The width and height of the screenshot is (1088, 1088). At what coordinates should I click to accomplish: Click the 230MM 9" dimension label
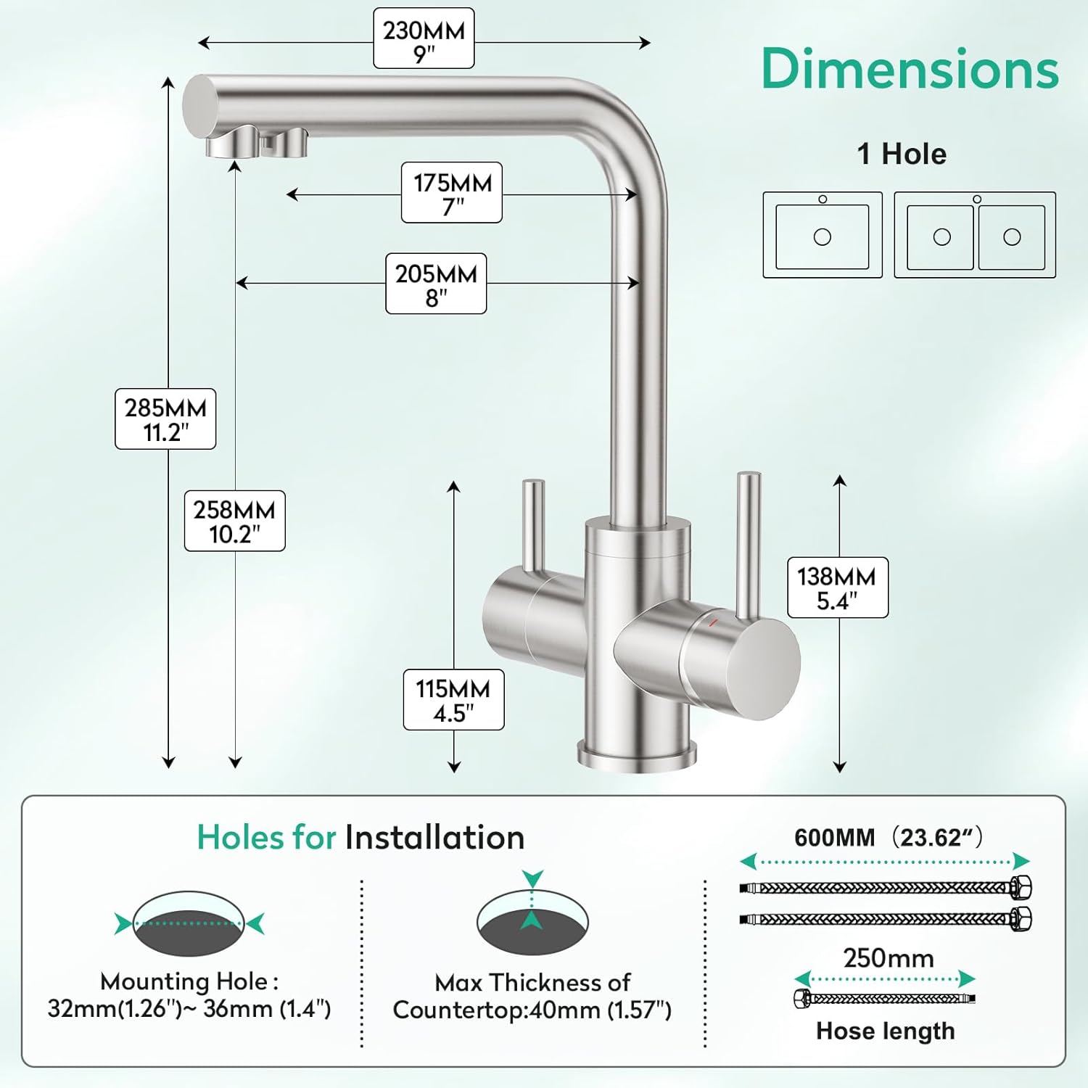tap(424, 39)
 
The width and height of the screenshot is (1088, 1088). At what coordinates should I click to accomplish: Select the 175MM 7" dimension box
tap(452, 193)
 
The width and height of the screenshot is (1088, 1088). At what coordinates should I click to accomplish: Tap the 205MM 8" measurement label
tap(436, 284)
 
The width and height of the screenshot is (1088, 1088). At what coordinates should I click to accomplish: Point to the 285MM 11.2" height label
tap(165, 419)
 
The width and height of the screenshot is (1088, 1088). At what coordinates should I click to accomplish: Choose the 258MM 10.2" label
tap(234, 521)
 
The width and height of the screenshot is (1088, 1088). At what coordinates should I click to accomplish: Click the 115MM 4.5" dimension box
tap(453, 700)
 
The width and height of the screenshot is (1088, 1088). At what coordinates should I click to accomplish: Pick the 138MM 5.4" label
tap(837, 588)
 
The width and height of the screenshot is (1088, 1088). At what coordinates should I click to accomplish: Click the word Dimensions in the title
tap(910, 69)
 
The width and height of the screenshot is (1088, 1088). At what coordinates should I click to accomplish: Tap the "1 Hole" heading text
tap(902, 154)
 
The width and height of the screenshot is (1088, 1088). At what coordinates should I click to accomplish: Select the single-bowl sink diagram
tap(823, 235)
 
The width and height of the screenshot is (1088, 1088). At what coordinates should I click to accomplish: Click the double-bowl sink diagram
tap(975, 235)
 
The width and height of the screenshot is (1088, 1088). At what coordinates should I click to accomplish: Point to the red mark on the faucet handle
tap(713, 622)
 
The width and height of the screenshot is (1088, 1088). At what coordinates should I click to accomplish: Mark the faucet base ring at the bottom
tap(637, 756)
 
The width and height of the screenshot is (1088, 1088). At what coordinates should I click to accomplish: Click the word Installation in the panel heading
tap(434, 838)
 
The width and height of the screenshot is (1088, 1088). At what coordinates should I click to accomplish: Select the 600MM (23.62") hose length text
tap(888, 838)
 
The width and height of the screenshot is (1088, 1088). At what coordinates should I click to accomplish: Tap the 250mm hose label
tap(888, 958)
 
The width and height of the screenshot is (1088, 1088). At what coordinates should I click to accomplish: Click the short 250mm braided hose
tap(885, 999)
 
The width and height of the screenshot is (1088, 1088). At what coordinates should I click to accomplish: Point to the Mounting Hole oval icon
tap(189, 923)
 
